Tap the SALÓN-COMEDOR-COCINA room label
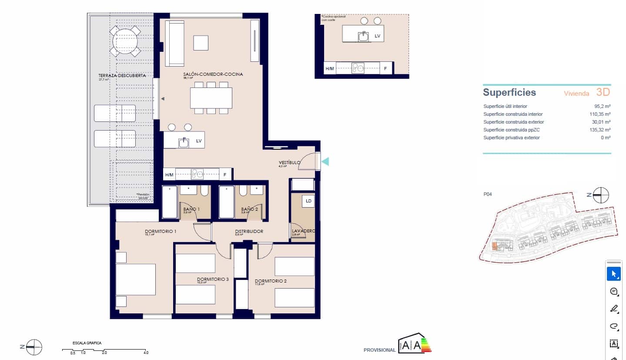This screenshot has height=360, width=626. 213,74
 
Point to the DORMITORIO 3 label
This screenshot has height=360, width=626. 213,279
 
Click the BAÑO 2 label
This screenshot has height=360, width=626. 250,209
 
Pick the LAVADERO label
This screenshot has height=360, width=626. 303,231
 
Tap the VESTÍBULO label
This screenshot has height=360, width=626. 289,163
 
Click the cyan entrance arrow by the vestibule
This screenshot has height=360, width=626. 325,161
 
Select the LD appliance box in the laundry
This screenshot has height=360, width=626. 308,201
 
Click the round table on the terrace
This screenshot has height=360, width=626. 125,42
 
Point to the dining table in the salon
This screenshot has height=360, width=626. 211,98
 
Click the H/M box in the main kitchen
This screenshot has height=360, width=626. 169,175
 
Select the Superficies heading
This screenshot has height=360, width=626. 509,93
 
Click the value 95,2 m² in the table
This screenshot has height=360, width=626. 602,106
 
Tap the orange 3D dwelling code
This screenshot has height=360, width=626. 603,92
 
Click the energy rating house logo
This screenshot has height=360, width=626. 410,344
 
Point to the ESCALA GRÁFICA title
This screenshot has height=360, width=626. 87,343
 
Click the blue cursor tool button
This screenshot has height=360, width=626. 613,274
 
